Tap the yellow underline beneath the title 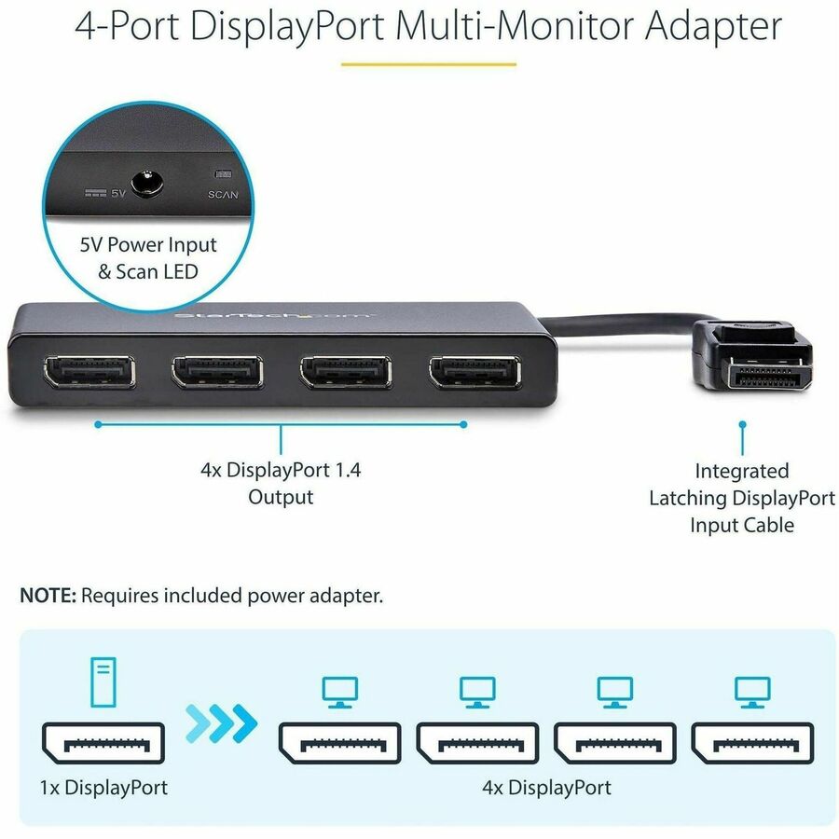click(x=428, y=64)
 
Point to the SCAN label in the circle click(x=224, y=195)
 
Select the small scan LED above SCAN click(x=222, y=173)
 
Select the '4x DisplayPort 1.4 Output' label click(x=281, y=483)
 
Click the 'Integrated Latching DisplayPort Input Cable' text click(x=742, y=498)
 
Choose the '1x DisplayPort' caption click(x=104, y=787)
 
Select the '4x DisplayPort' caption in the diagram click(x=547, y=787)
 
